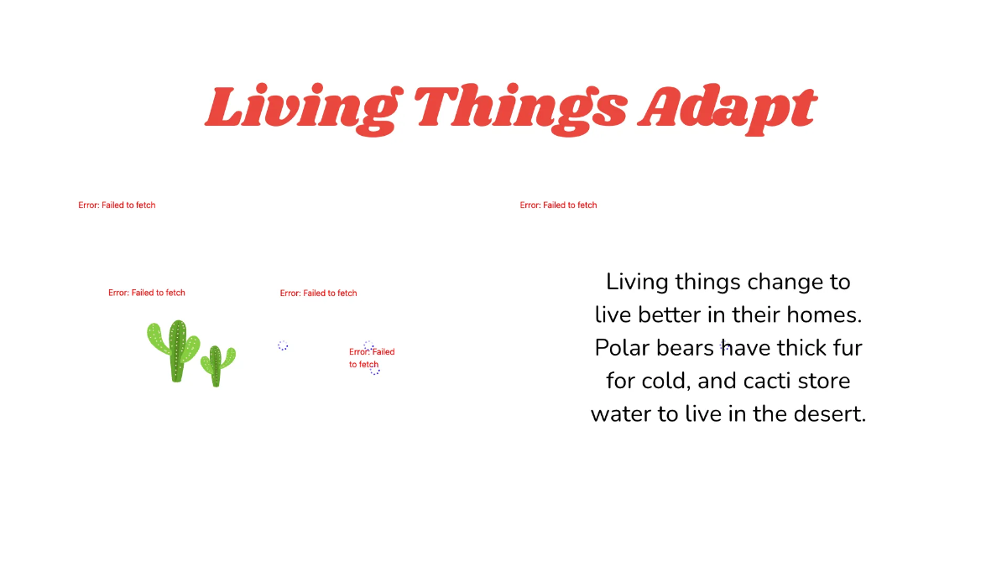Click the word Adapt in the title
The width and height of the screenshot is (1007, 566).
point(726,107)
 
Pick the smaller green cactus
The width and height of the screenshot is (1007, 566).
point(217,366)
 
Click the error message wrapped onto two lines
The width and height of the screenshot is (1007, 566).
point(371,358)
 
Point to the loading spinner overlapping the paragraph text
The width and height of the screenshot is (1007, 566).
point(725,345)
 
